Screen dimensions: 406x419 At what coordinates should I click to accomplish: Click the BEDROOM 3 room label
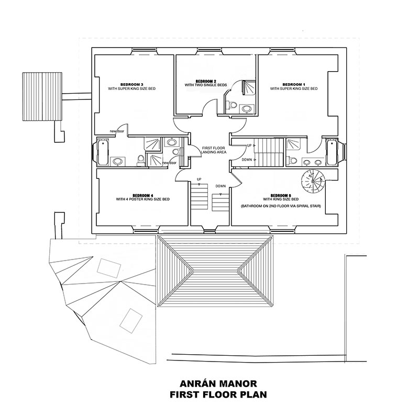pyautogui.click(x=131, y=84)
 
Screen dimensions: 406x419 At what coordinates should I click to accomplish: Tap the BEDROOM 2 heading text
pyautogui.click(x=206, y=81)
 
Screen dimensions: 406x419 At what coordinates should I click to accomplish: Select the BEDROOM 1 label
pyautogui.click(x=293, y=84)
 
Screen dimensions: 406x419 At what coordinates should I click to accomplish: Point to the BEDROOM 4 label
pyautogui.click(x=142, y=195)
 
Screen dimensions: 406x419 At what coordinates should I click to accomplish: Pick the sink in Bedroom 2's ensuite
pyautogui.click(x=246, y=109)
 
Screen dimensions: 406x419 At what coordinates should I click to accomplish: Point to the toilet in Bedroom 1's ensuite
pyautogui.click(x=293, y=161)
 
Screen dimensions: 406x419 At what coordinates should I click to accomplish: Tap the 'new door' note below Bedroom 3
pyautogui.click(x=117, y=131)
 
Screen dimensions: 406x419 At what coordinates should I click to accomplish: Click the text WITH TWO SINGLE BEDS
pyautogui.click(x=206, y=85)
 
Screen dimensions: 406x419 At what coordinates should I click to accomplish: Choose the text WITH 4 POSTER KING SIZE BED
pyautogui.click(x=142, y=199)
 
